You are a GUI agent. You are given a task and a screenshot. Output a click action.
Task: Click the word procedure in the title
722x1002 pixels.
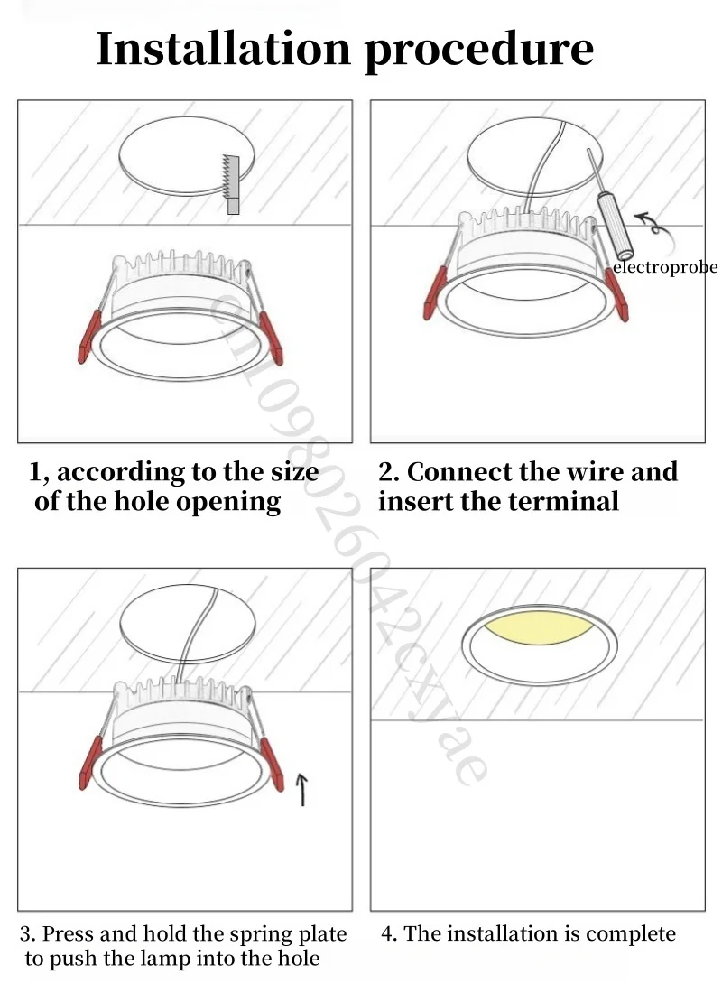(479, 51)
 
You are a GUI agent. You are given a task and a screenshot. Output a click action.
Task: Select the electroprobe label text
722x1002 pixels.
(665, 267)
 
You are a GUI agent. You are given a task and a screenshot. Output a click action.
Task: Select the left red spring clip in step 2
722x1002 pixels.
(433, 291)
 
